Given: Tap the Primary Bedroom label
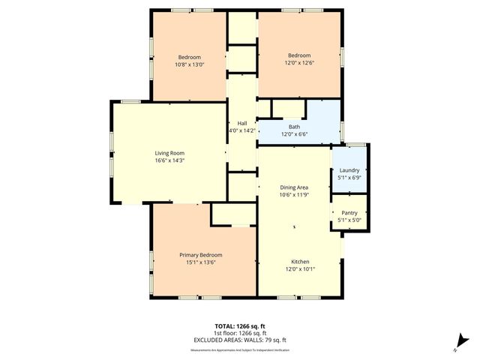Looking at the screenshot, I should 200,256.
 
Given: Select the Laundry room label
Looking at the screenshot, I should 349,170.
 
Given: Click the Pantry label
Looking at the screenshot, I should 349,213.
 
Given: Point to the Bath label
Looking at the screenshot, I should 295,127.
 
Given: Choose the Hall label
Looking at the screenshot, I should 242,123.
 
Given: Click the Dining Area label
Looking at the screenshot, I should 295,187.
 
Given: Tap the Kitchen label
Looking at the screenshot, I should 300,262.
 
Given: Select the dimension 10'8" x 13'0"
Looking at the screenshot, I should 189,64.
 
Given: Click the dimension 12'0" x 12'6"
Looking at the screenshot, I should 300,62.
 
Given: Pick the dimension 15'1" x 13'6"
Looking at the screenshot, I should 200,262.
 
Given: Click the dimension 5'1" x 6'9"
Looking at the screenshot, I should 349,178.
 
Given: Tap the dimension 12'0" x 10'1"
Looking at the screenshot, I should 300,268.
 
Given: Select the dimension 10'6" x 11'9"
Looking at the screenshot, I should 295,195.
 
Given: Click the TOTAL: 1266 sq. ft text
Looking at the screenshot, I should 240,326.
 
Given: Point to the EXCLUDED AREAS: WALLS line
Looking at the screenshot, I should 240,339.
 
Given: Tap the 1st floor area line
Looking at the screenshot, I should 240,333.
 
